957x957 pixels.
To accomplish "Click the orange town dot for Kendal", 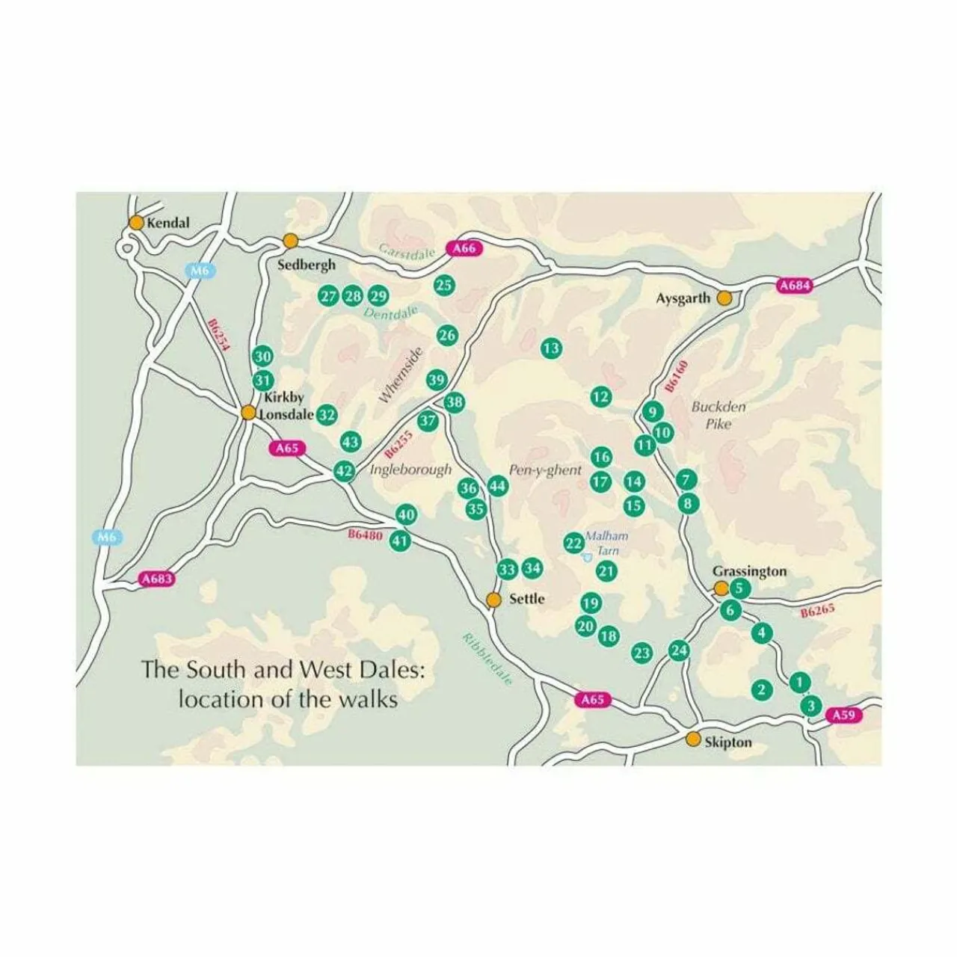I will click(x=136, y=222).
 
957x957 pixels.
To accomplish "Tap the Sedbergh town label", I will click(x=307, y=265).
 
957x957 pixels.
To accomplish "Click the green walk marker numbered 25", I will click(x=444, y=284).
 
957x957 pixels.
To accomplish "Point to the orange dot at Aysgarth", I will click(x=724, y=298).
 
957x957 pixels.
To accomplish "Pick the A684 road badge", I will click(x=794, y=286).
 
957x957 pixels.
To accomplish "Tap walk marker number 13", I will click(x=551, y=348).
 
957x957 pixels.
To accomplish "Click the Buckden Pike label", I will click(x=718, y=416).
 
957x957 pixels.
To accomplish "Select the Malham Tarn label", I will click(x=606, y=543).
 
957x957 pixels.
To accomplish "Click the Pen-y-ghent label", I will click(x=545, y=470).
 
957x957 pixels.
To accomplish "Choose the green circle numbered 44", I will click(x=497, y=487).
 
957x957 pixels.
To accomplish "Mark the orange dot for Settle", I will click(x=493, y=599).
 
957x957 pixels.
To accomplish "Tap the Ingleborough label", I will click(x=411, y=470).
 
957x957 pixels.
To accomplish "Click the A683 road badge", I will click(x=157, y=579).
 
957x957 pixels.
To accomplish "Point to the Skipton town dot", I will click(x=694, y=739).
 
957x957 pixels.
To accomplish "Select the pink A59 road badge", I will click(x=843, y=716).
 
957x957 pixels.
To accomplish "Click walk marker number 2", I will click(x=762, y=689).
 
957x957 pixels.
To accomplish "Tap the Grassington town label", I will click(x=750, y=571).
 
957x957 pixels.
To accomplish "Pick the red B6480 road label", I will click(x=365, y=535).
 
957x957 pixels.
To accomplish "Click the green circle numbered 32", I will click(x=327, y=414).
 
